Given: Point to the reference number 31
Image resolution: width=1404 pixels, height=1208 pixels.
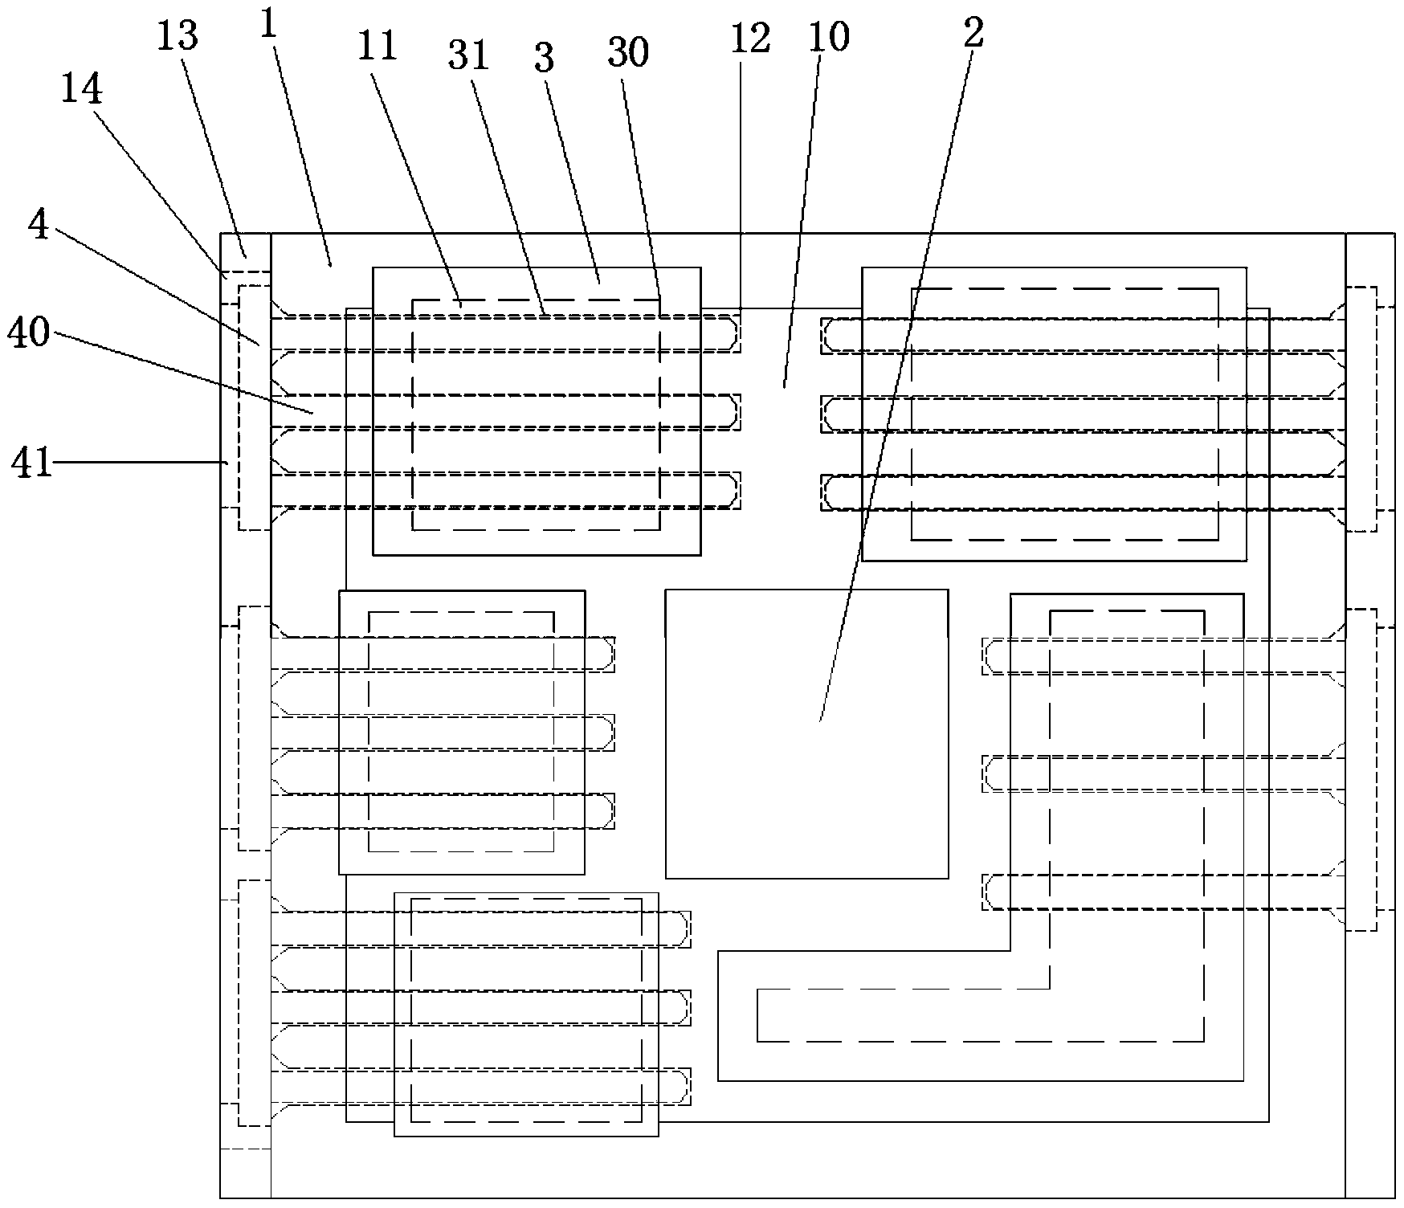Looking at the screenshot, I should tap(470, 57).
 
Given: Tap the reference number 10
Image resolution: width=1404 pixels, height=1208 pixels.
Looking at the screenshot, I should tap(829, 36).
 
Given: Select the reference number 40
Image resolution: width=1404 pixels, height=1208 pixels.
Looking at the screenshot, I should tap(29, 332).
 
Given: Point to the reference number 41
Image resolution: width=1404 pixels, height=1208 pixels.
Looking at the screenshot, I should tap(31, 463).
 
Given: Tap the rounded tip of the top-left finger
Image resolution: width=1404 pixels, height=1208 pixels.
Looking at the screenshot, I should tap(731, 333).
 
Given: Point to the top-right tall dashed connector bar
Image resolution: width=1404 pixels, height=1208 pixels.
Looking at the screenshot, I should tap(1361, 409).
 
